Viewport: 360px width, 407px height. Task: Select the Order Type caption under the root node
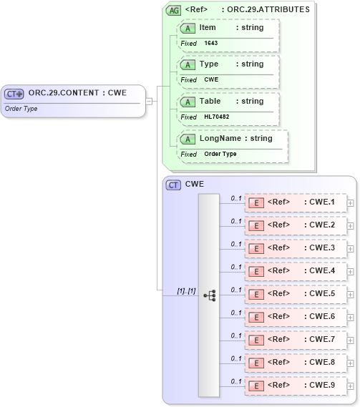[x=21, y=109]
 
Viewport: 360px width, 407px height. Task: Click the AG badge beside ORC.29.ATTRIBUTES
[x=173, y=9]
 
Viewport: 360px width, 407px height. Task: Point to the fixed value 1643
[x=211, y=43]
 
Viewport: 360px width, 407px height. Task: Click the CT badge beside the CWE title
[x=173, y=185]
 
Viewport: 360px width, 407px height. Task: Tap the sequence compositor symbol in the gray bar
[x=210, y=295]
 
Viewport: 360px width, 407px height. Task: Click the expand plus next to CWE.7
[x=350, y=340]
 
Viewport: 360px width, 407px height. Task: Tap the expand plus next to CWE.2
[x=350, y=225]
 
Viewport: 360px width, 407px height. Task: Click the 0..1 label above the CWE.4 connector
[x=236, y=267]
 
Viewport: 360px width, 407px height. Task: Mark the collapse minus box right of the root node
[x=149, y=101]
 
